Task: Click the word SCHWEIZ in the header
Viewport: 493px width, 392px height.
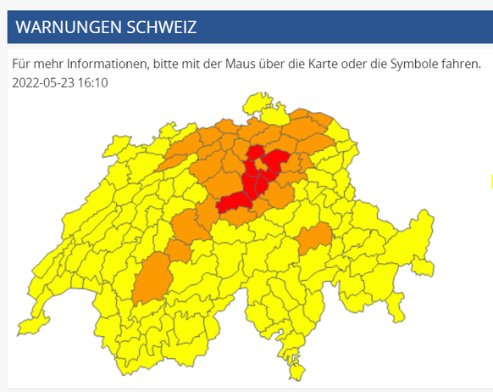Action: pos(164,27)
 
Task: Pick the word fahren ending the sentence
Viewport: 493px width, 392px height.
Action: pos(461,64)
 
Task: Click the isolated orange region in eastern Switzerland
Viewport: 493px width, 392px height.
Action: pos(313,240)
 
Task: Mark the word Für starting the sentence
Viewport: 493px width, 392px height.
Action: pos(21,64)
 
